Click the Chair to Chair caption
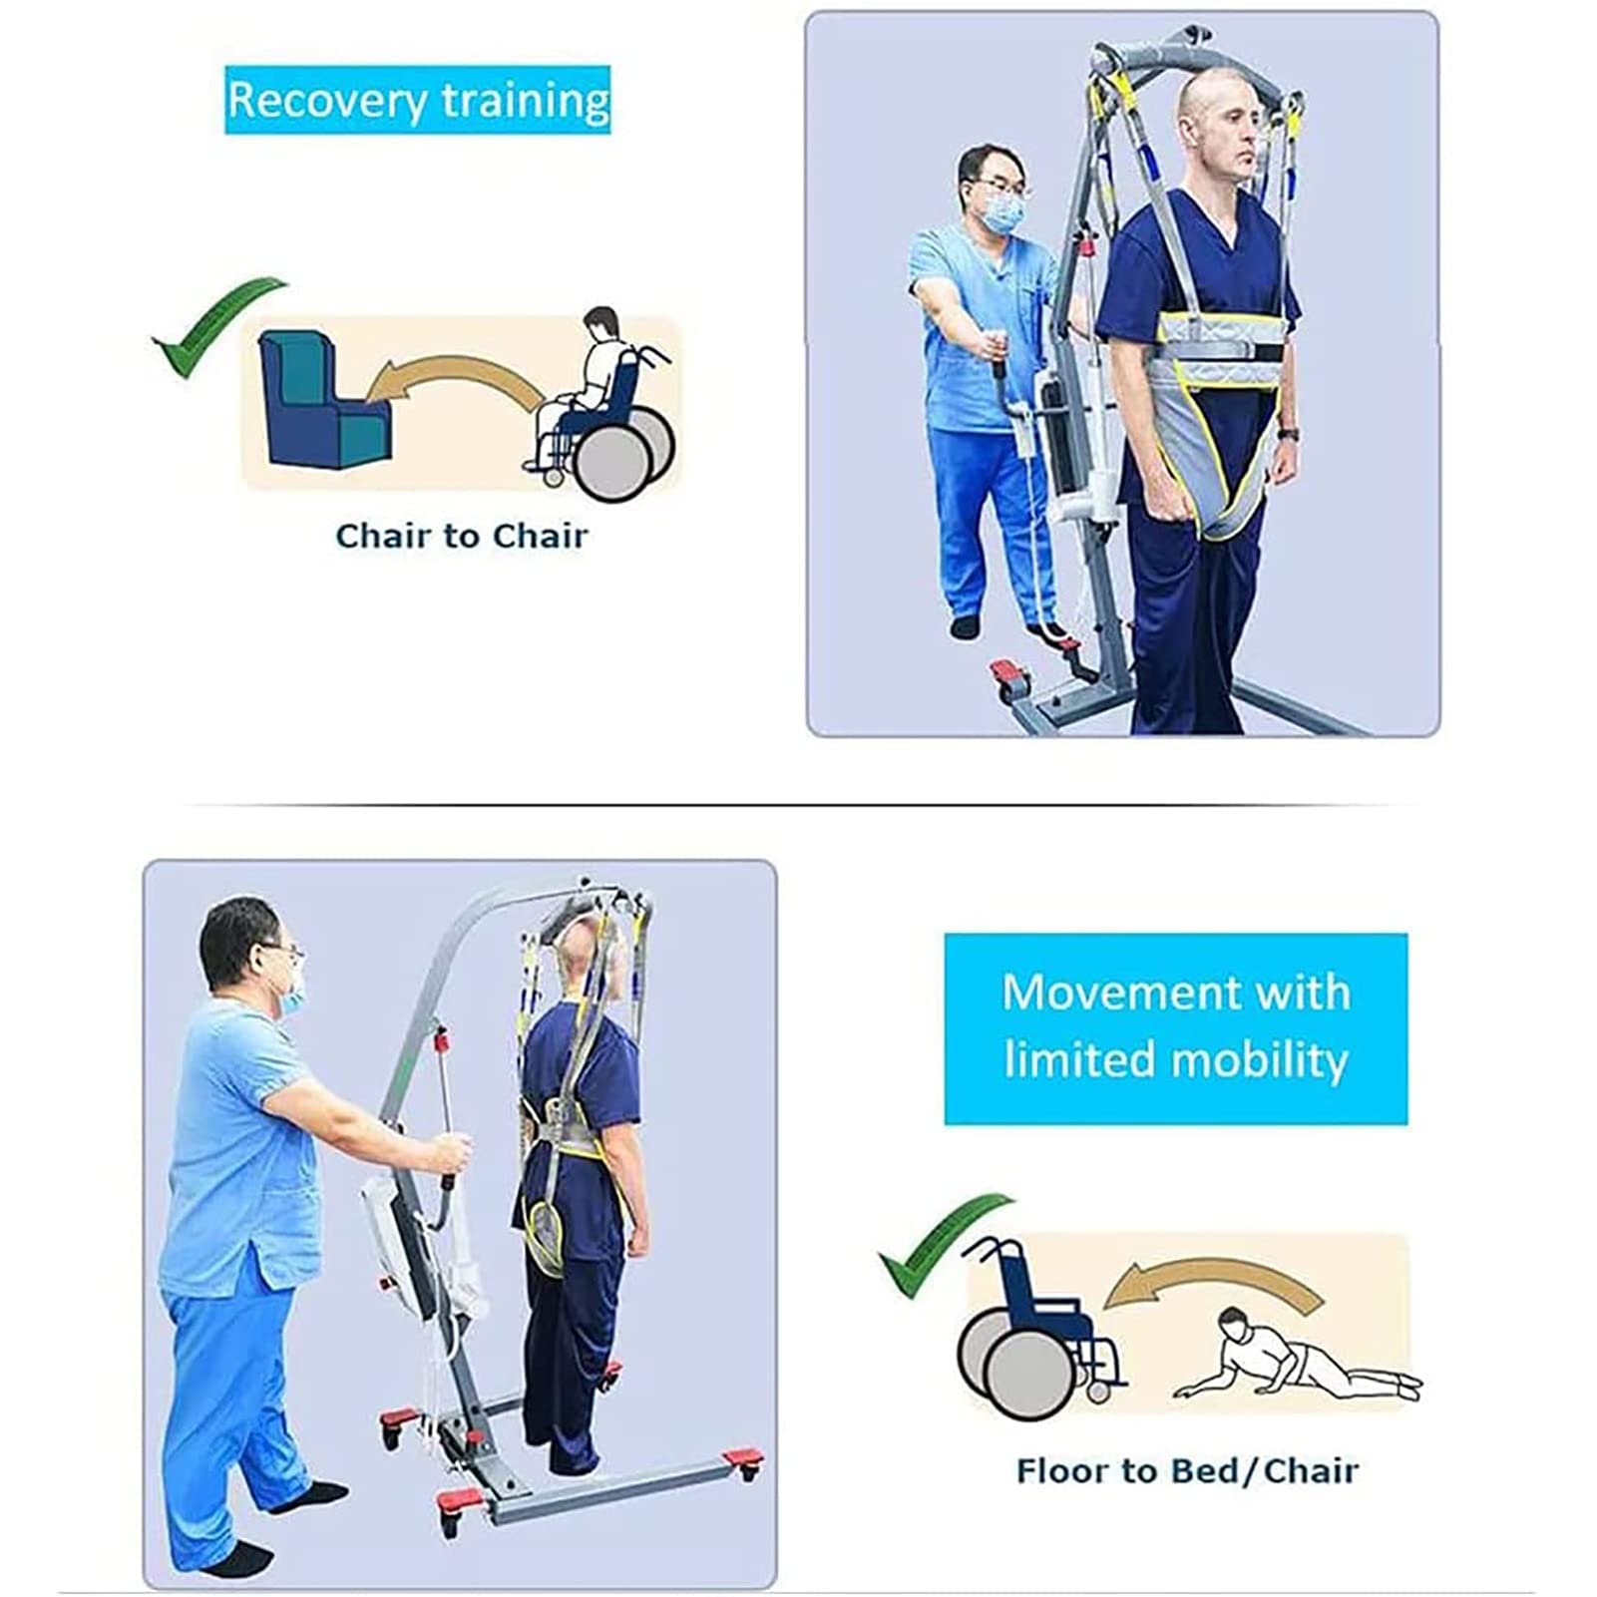point(462,536)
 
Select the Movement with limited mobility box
point(1175,1028)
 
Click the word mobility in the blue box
point(1261,1060)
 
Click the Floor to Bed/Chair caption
point(1187,1470)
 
